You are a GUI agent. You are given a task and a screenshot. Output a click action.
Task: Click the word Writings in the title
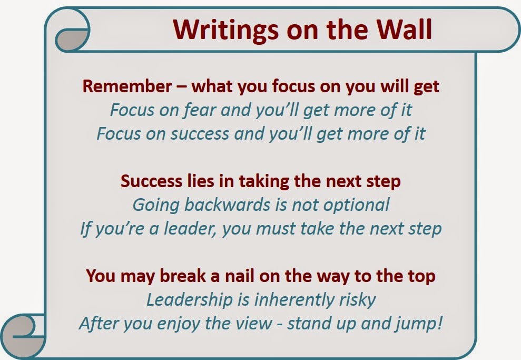pos(226,30)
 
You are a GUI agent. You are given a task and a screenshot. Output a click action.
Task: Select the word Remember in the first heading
pos(127,86)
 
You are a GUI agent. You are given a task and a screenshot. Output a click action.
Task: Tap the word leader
pos(190,229)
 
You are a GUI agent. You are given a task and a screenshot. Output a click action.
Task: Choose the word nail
pos(240,276)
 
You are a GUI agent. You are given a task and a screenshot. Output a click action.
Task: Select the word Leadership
pos(190,300)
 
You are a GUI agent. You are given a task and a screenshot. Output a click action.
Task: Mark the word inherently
pos(294,299)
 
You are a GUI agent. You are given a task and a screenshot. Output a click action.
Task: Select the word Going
pos(156,205)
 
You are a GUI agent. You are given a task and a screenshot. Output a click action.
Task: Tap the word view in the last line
pos(255,324)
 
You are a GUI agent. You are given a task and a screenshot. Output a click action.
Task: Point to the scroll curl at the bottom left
pos(23,336)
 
